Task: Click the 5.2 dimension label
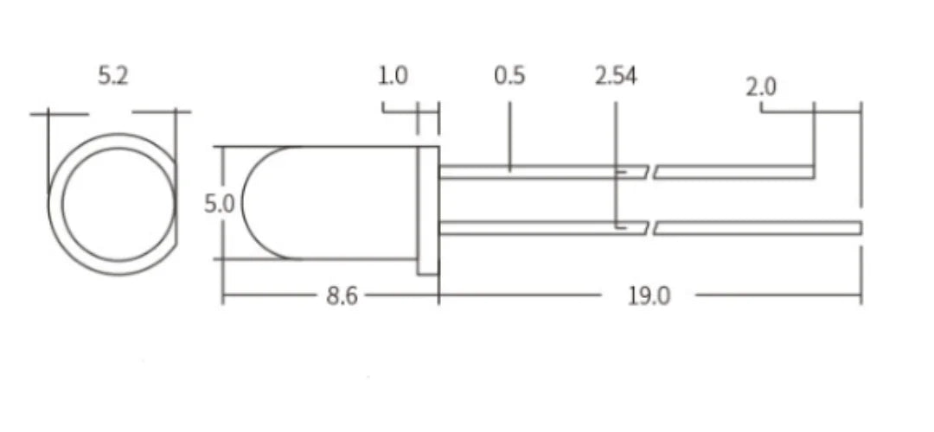[x=113, y=75]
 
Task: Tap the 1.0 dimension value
[x=393, y=75]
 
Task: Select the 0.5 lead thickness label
[x=509, y=75]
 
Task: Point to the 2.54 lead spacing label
[x=616, y=75]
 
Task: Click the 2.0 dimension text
[x=761, y=87]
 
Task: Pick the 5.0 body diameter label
[x=220, y=204]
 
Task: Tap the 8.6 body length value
[x=342, y=295]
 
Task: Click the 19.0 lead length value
[x=649, y=295]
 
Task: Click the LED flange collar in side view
[x=428, y=211]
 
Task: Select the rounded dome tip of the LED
[x=241, y=203]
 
